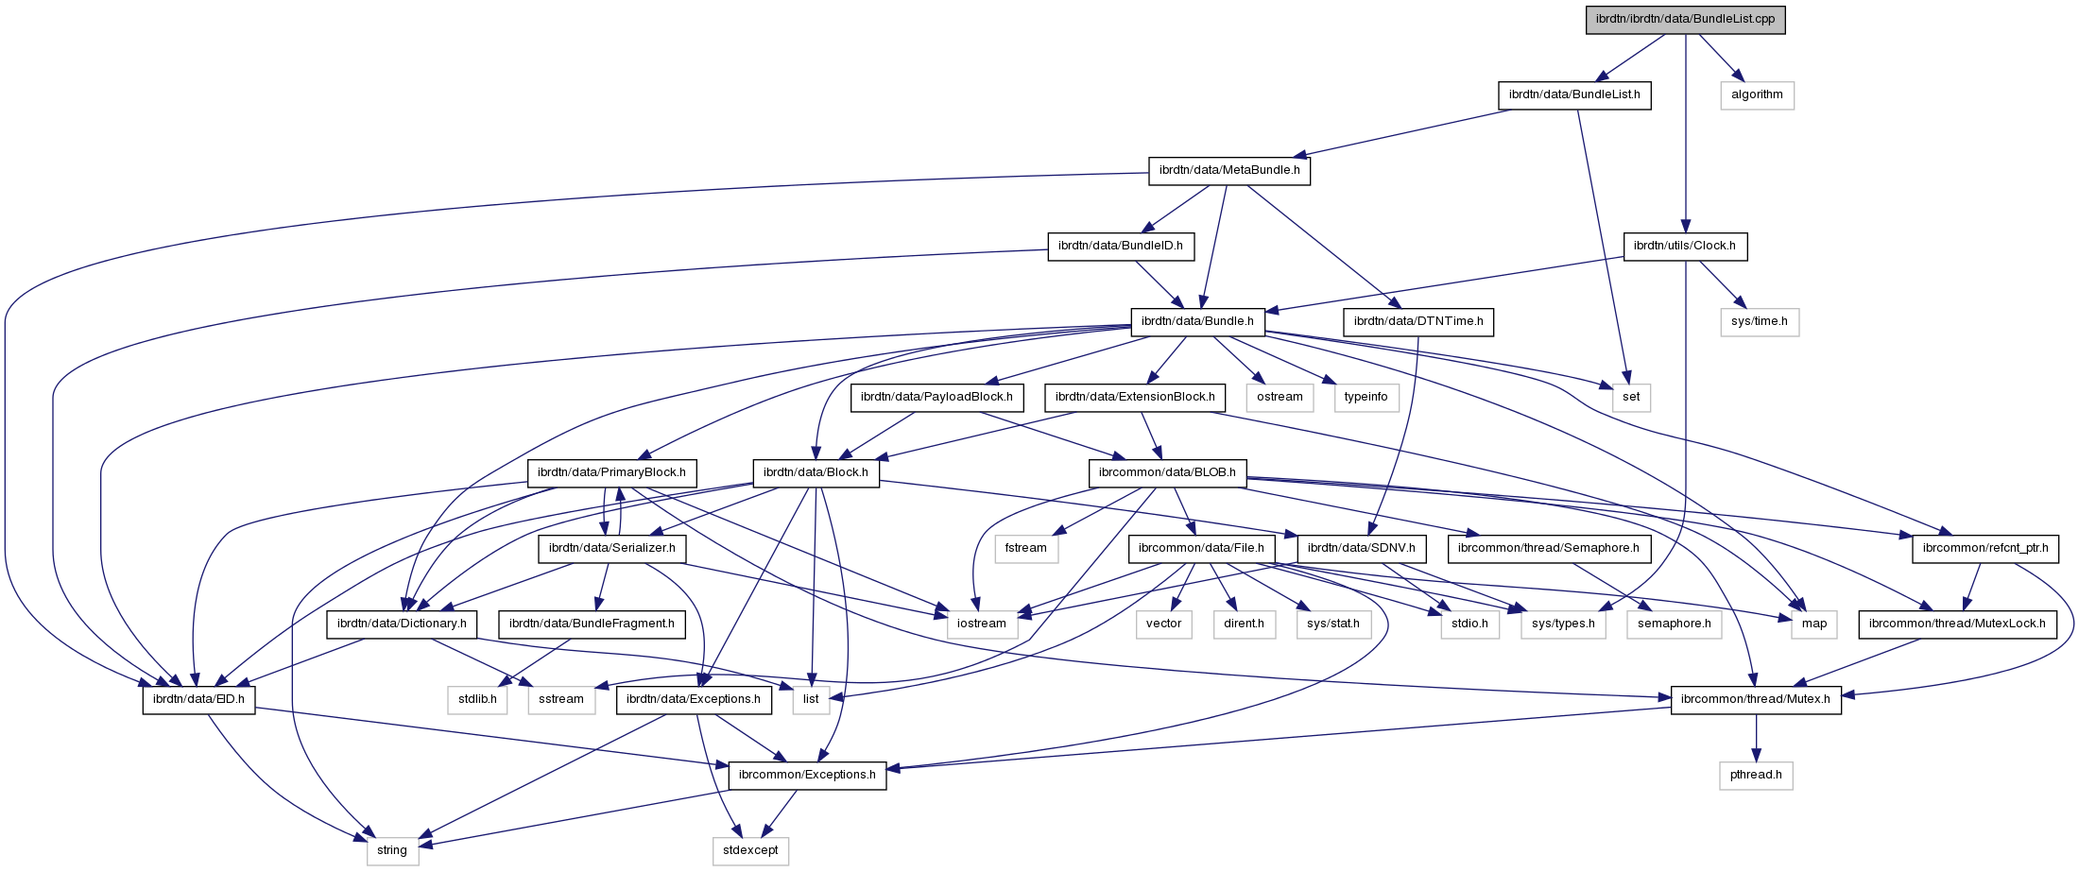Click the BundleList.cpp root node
click(1685, 19)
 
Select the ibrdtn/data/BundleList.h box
click(1573, 94)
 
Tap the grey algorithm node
click(1757, 94)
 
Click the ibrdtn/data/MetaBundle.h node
click(1228, 170)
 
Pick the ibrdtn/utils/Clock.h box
click(1684, 246)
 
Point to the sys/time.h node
click(1759, 321)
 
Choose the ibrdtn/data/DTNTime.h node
click(1417, 321)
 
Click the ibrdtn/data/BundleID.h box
click(1120, 246)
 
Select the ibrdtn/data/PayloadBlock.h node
click(936, 397)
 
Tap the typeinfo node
click(1366, 397)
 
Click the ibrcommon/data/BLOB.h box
click(1167, 472)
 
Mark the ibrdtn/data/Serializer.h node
click(611, 548)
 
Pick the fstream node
click(1025, 548)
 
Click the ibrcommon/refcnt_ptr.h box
click(1984, 548)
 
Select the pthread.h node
click(1756, 775)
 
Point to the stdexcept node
click(750, 850)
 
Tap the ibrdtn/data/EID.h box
click(198, 699)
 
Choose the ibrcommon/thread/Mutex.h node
click(1756, 699)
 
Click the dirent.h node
click(1244, 624)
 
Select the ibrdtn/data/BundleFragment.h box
click(592, 624)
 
